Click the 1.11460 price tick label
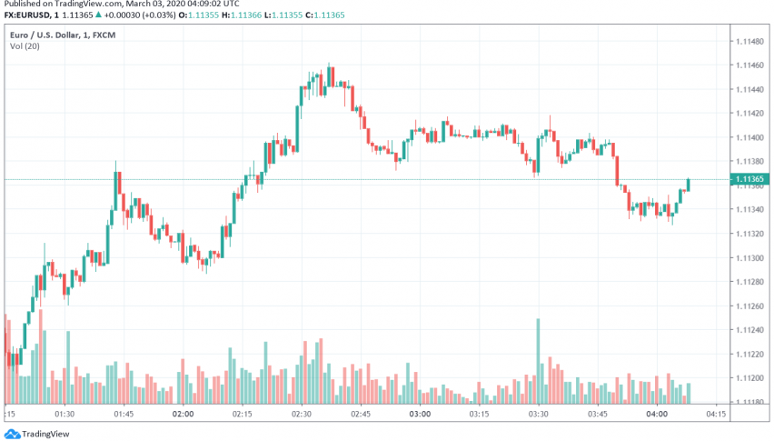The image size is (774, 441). pyautogui.click(x=750, y=66)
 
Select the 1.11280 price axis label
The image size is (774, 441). pyautogui.click(x=750, y=282)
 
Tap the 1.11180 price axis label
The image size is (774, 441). pyautogui.click(x=750, y=402)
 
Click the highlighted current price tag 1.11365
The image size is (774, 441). pyautogui.click(x=750, y=180)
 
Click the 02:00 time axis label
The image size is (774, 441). pyautogui.click(x=184, y=414)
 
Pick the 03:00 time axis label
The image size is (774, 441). pyautogui.click(x=420, y=414)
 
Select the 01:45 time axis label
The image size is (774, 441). pyautogui.click(x=124, y=414)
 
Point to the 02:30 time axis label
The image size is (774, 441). pyautogui.click(x=302, y=414)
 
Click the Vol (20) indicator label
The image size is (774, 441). pyautogui.click(x=25, y=46)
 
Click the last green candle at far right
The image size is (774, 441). pyautogui.click(x=689, y=185)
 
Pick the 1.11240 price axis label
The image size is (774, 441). pyautogui.click(x=750, y=330)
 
